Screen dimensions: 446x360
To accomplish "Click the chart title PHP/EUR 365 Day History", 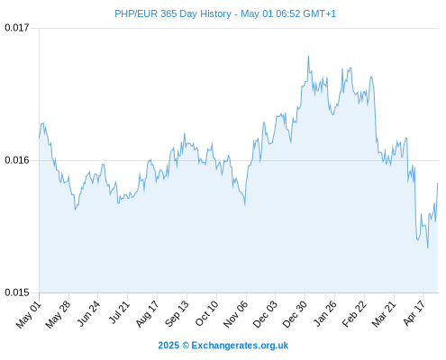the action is [x=173, y=13].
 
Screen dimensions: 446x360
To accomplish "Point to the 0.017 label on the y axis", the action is [x=17, y=28].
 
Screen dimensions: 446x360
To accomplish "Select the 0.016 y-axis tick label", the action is [x=17, y=160].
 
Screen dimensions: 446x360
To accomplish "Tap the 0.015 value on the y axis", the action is [x=17, y=292].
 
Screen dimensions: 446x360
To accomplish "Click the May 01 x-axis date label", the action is [x=29, y=315].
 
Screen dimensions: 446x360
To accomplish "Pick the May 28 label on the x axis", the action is [x=58, y=315].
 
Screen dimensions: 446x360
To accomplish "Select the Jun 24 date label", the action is [x=88, y=314].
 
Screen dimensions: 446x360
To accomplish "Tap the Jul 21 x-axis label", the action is [x=119, y=313].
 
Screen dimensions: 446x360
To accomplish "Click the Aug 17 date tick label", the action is [x=147, y=314].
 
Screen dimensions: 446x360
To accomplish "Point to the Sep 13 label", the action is [x=177, y=314].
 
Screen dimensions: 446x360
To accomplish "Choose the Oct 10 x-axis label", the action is [x=206, y=314].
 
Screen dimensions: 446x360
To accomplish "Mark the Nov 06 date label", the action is [x=235, y=314].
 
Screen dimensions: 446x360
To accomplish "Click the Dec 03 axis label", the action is [x=265, y=314].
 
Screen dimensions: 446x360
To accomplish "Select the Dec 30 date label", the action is [x=295, y=314].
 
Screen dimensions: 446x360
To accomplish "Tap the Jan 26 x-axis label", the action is [x=324, y=314].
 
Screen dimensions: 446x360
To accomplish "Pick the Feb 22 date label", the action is [x=354, y=314].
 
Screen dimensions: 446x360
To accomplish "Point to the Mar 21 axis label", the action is [x=384, y=314].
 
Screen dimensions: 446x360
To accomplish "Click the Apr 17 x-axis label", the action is [x=414, y=314].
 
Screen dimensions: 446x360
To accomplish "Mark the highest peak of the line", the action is [x=308, y=56].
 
